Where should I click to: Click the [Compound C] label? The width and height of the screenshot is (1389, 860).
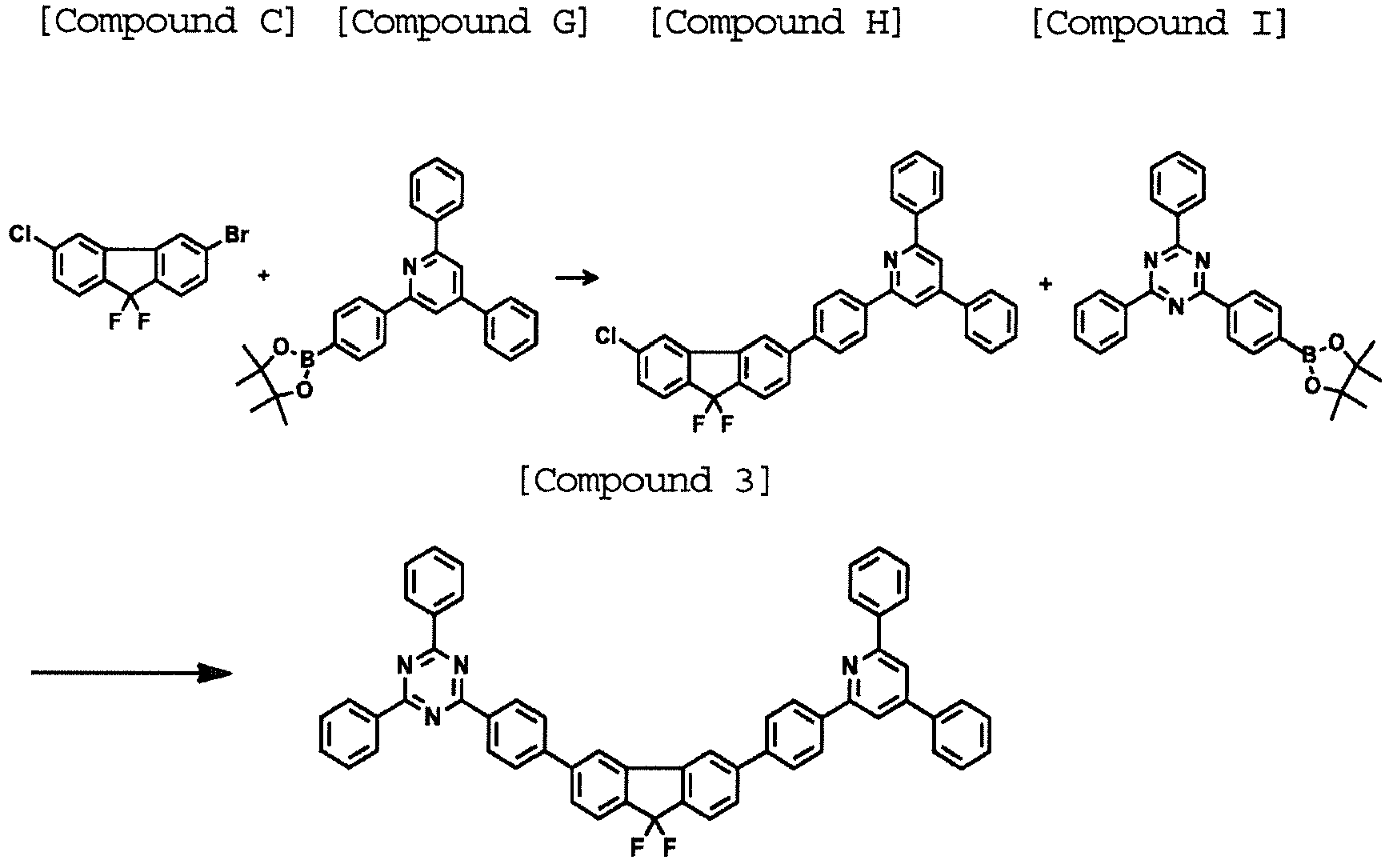(168, 22)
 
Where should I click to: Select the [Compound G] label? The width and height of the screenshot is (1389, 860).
(462, 22)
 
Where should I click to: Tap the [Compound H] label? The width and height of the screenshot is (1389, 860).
(776, 22)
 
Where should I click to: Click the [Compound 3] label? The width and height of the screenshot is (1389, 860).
(645, 482)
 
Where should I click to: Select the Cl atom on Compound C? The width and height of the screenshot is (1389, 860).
(20, 234)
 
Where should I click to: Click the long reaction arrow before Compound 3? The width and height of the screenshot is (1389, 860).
(132, 673)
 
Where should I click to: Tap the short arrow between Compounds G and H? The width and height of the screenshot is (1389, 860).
(577, 278)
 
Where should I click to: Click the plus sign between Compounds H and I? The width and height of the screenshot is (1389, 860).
(1046, 283)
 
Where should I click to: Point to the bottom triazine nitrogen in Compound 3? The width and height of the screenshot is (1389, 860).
(433, 717)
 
